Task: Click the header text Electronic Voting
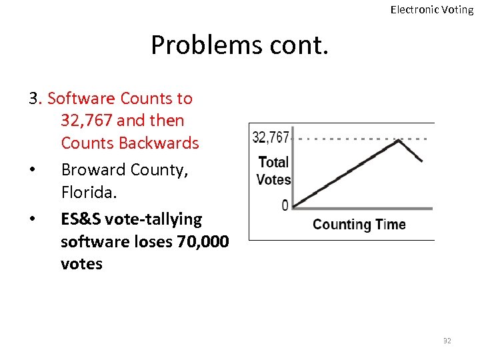click(431, 9)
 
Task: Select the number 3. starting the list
click(35, 99)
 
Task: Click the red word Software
click(82, 99)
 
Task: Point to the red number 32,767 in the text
click(85, 121)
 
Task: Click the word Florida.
click(89, 193)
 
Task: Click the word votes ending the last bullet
click(81, 264)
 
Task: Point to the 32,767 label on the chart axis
click(271, 137)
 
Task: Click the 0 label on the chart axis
click(285, 206)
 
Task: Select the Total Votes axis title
click(273, 171)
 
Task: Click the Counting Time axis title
click(359, 224)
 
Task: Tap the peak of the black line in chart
click(399, 141)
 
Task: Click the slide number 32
click(447, 341)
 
